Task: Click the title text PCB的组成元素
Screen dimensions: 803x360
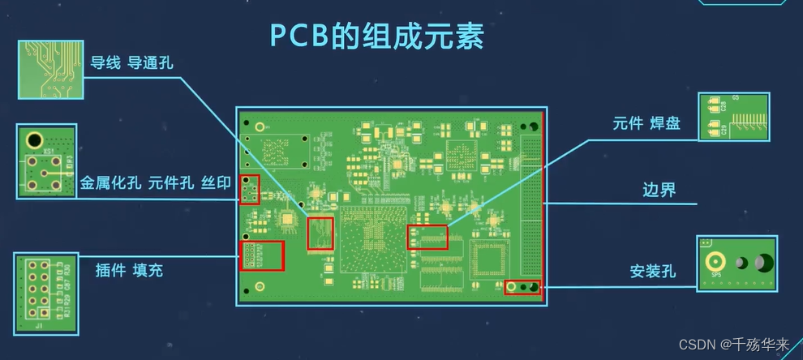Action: [x=376, y=36]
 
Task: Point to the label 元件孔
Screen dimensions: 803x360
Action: [x=170, y=184]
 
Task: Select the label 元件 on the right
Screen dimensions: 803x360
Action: [x=629, y=123]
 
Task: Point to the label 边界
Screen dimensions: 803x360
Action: [x=659, y=191]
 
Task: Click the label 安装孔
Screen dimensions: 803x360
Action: [x=652, y=271]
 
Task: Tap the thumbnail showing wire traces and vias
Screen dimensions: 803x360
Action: [x=49, y=69]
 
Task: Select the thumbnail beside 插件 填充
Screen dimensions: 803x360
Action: [x=46, y=293]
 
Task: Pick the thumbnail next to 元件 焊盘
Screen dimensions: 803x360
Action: [x=734, y=116]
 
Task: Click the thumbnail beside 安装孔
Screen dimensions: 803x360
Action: [x=736, y=263]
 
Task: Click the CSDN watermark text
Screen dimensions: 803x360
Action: [x=734, y=345]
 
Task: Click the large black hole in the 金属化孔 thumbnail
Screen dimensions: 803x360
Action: [x=34, y=139]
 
